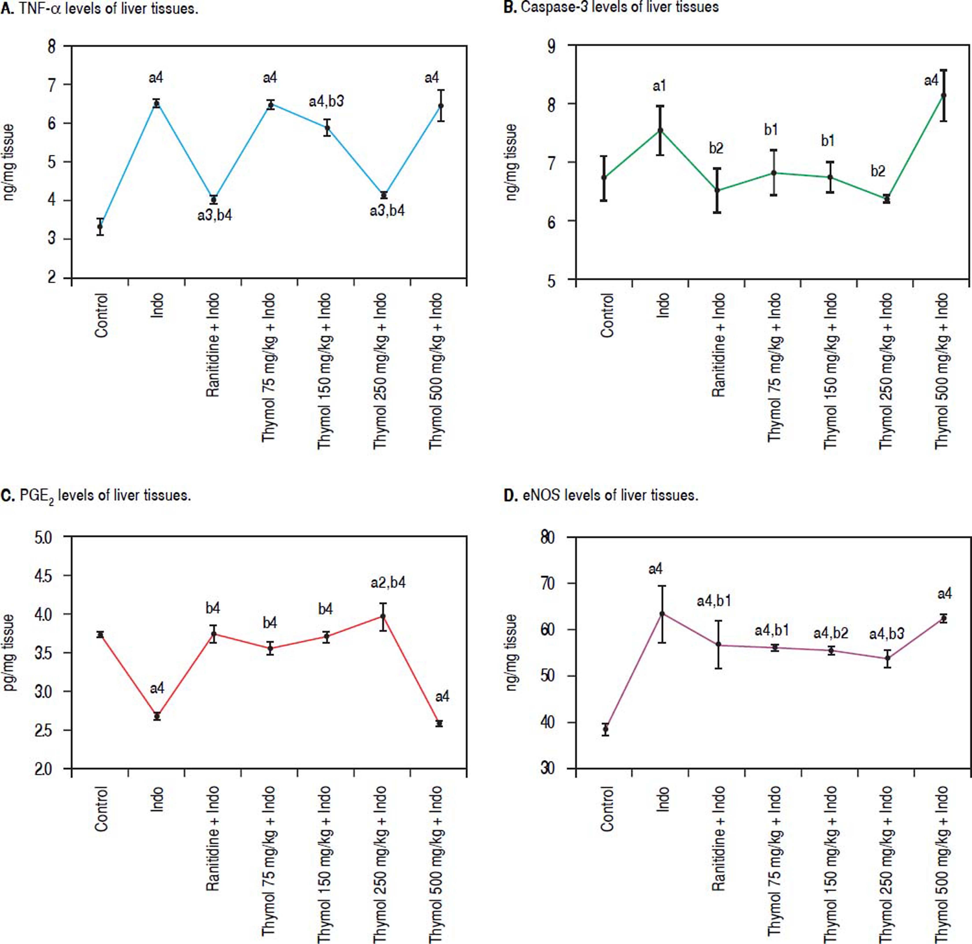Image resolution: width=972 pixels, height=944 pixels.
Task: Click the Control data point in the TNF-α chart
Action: click(x=100, y=226)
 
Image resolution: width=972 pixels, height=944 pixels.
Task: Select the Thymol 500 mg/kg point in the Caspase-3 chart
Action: click(x=943, y=95)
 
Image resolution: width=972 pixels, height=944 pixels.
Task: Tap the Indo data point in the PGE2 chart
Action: click(x=157, y=716)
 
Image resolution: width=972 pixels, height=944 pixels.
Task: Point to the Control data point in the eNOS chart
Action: click(x=605, y=729)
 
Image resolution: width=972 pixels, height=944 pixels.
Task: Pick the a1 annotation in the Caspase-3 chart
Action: click(x=659, y=86)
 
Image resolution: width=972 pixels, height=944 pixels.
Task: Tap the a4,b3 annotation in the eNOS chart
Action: click(x=887, y=634)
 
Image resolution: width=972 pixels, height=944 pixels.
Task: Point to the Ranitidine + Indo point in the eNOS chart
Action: click(x=718, y=645)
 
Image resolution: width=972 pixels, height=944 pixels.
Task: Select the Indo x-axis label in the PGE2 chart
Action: click(x=157, y=799)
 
